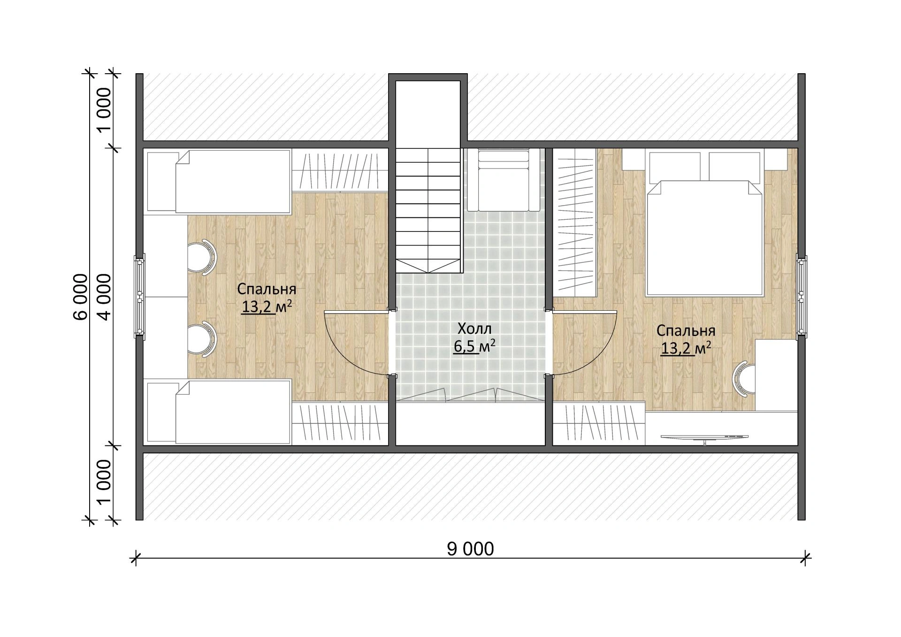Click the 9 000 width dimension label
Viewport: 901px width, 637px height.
(x=470, y=549)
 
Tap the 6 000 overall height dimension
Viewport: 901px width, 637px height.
(x=81, y=297)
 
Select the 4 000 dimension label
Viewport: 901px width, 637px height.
(x=104, y=297)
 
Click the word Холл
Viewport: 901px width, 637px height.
(x=474, y=328)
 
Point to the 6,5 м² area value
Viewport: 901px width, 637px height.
(x=474, y=347)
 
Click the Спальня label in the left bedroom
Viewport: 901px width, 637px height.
(x=266, y=288)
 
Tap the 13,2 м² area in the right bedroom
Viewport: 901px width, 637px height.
(x=686, y=349)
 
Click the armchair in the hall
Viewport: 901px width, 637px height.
(x=504, y=180)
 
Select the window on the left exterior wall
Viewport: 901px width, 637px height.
(x=139, y=296)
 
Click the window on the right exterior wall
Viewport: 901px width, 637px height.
(x=802, y=296)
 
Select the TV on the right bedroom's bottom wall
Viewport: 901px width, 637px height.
(x=704, y=438)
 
